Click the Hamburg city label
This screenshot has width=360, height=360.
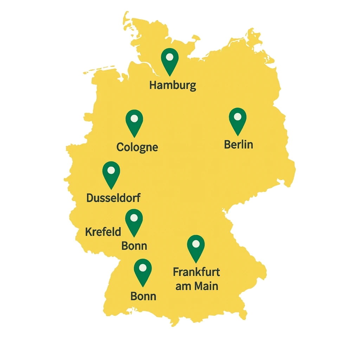[x=173, y=85]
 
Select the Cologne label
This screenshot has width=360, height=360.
[x=137, y=147]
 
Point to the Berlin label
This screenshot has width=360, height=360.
[x=238, y=144]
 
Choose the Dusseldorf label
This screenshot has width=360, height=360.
[x=113, y=198]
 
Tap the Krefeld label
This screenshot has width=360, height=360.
[x=103, y=232]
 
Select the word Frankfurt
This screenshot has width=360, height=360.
[x=197, y=272]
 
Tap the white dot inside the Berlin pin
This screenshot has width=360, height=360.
[x=238, y=117]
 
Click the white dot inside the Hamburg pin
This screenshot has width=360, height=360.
[x=170, y=57]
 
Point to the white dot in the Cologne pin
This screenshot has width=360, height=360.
[x=134, y=118]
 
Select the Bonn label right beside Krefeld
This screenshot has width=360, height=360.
[x=134, y=245]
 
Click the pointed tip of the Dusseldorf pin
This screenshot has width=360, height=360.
[x=111, y=189]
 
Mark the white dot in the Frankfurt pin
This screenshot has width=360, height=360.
[x=196, y=244]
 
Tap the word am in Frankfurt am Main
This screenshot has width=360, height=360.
[x=183, y=286]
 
